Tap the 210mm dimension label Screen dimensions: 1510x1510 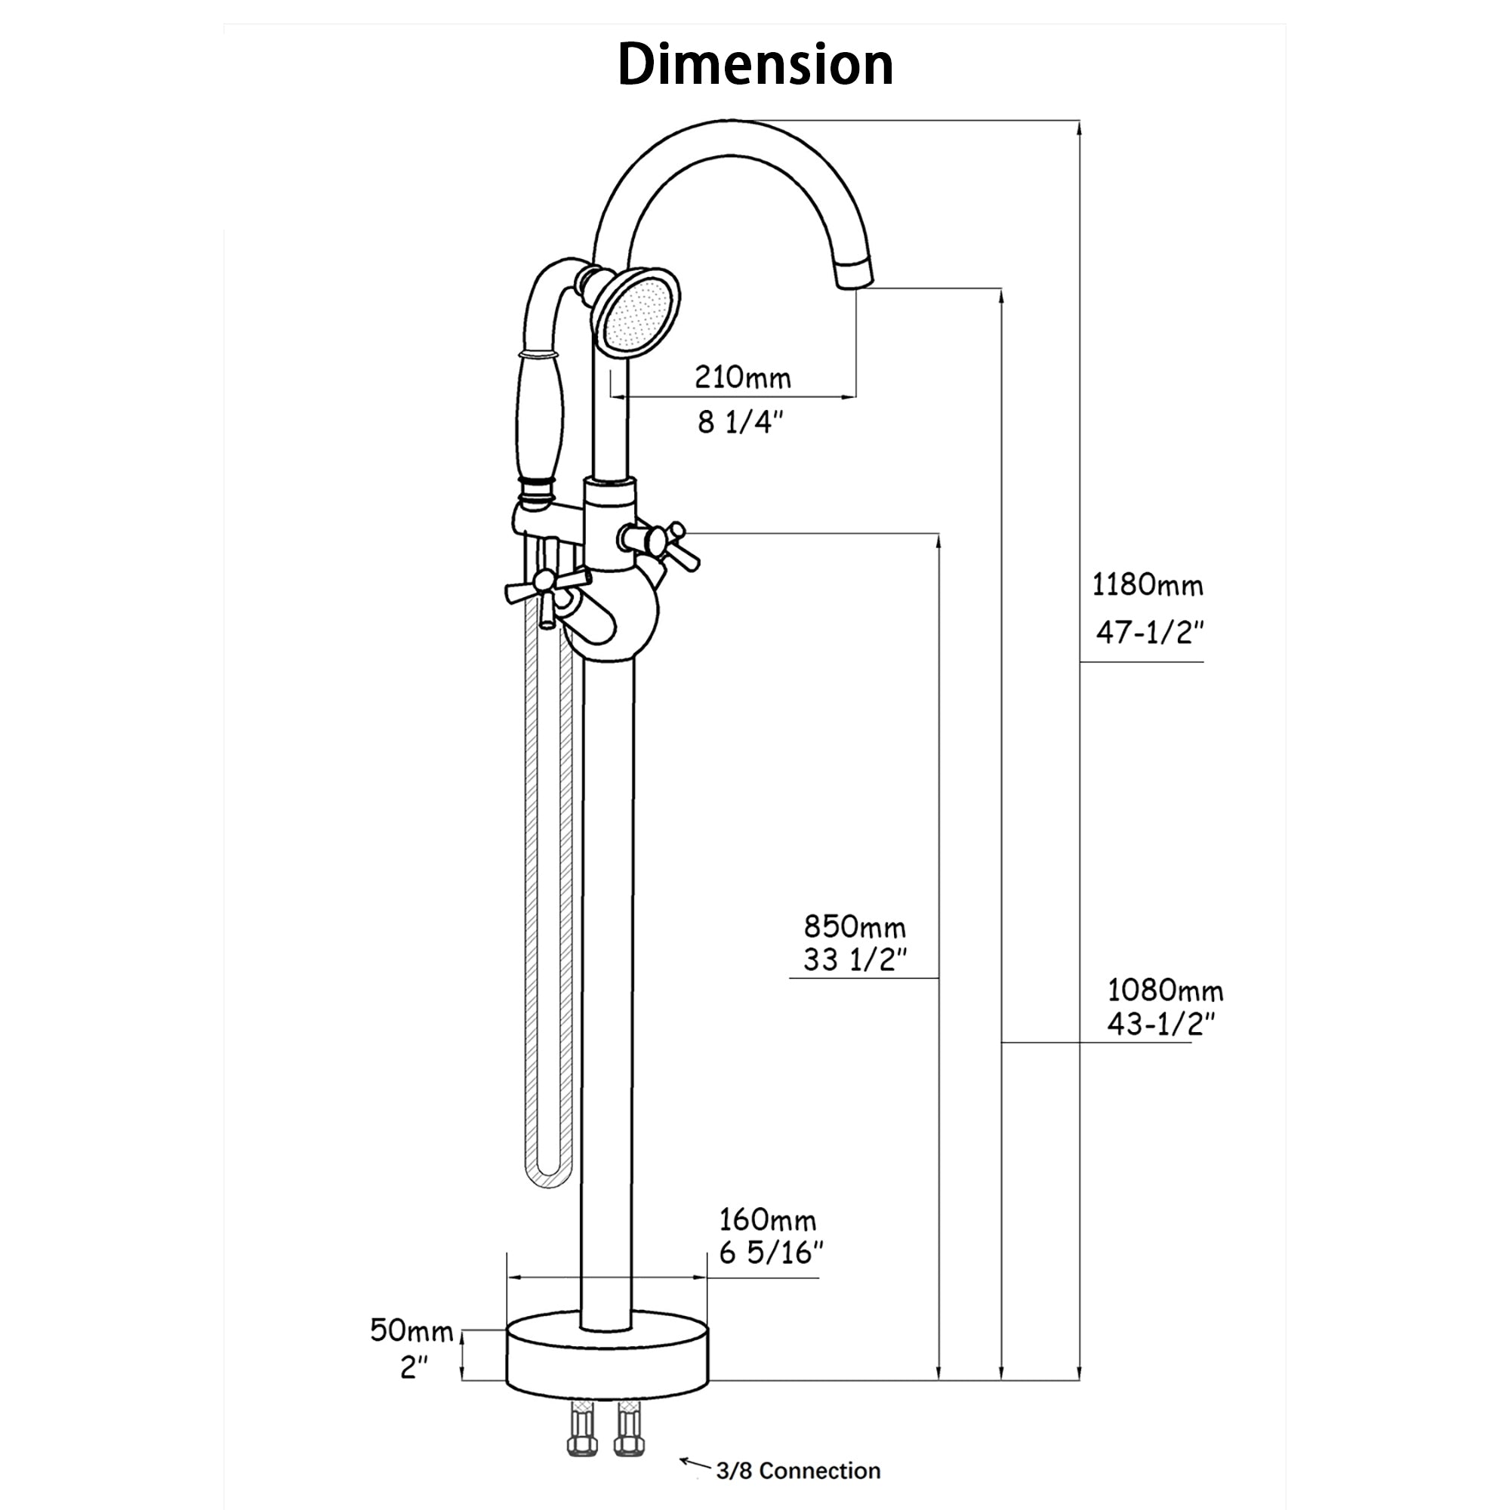[742, 378]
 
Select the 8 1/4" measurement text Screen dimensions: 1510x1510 [739, 423]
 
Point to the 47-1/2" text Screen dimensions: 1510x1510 [1148, 631]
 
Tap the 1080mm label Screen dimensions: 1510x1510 [1164, 991]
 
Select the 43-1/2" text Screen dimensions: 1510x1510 [1160, 1023]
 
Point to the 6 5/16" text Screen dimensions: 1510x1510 [771, 1253]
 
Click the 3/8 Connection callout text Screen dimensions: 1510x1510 [798, 1471]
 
